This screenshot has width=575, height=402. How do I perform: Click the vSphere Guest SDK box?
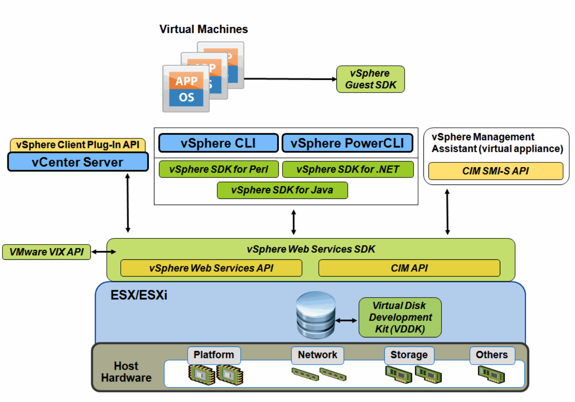click(370, 79)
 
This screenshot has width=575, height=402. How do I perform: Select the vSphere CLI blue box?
click(218, 143)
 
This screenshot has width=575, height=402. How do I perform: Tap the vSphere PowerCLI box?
click(347, 143)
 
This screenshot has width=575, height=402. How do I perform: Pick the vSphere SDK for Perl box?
click(218, 169)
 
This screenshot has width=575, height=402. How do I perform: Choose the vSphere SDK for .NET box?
click(348, 169)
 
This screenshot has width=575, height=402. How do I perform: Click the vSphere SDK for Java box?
click(282, 190)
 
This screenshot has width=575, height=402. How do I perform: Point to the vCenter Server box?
click(78, 162)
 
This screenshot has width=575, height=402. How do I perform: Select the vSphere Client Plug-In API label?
click(78, 145)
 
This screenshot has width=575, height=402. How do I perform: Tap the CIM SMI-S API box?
click(495, 171)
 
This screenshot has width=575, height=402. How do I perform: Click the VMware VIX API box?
click(46, 252)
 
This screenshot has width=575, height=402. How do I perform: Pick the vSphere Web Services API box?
click(211, 268)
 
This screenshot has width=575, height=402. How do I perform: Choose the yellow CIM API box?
click(409, 268)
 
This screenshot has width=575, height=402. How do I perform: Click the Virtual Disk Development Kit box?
click(400, 317)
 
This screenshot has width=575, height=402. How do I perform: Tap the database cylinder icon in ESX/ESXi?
click(316, 315)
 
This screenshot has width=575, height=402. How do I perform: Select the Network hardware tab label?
click(317, 355)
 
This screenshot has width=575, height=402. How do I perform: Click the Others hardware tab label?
click(492, 355)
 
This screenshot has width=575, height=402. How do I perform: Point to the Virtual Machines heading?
click(204, 29)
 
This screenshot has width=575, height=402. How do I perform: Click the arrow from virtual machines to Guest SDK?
click(290, 79)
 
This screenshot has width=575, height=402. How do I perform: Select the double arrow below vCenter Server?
click(128, 203)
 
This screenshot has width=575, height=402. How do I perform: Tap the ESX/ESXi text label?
click(139, 295)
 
